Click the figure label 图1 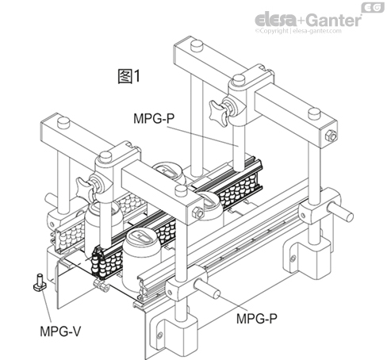[x=128, y=77]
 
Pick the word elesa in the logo [x=274, y=17]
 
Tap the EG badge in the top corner [x=370, y=7]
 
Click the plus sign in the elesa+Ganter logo [x=298, y=17]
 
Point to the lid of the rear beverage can [x=168, y=171]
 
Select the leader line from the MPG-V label [x=46, y=305]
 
